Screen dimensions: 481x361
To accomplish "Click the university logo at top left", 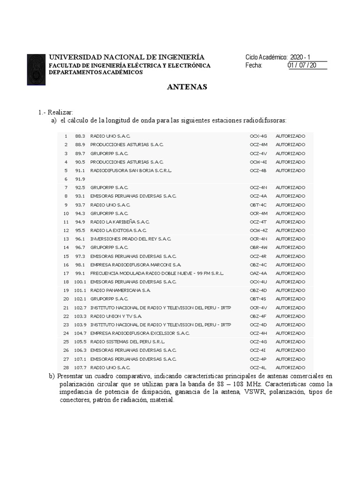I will click(x=36, y=69).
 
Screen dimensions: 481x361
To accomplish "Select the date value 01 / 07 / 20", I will click(x=302, y=65).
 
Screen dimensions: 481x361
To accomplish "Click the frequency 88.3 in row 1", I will click(x=79, y=136).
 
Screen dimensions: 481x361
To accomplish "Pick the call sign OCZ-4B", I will click(x=258, y=171).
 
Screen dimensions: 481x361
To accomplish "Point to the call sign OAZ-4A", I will click(x=258, y=273).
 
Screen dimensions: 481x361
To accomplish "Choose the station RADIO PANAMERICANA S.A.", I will click(x=120, y=290).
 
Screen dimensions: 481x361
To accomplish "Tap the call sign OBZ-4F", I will click(x=258, y=316).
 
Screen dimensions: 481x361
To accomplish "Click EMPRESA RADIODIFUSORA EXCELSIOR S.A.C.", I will click(x=140, y=333).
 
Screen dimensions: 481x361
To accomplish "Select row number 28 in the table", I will click(x=66, y=367).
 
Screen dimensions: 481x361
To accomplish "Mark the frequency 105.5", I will click(x=80, y=341).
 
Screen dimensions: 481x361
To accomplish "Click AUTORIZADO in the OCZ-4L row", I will click(x=290, y=367).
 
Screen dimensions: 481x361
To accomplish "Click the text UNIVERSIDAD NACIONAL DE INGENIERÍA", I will click(x=126, y=57).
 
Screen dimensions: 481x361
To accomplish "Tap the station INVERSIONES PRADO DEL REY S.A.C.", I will click(x=130, y=239).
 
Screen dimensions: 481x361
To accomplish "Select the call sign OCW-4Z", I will click(x=259, y=230).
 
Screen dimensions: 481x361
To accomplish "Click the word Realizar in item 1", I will click(x=60, y=113).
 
